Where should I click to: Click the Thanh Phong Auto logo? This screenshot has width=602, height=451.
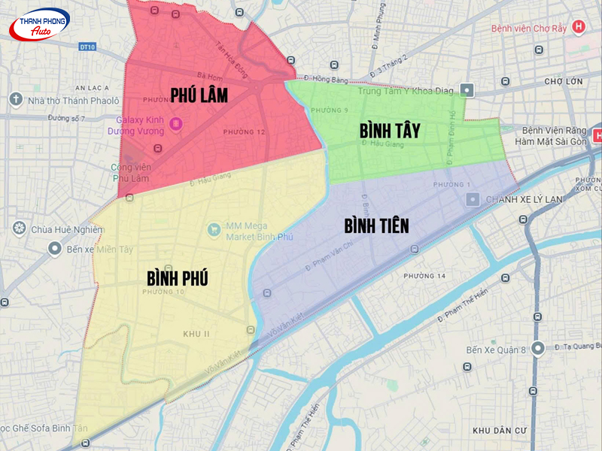click(x=39, y=26)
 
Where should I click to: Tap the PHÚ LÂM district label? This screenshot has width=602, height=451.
click(x=199, y=95)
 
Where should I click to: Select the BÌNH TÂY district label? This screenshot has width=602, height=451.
click(x=389, y=130)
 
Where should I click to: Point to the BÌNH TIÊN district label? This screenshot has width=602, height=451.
click(x=376, y=225)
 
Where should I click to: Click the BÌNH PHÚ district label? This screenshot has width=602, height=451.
click(x=178, y=277)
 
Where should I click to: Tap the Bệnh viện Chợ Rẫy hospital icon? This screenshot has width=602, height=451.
click(x=578, y=28)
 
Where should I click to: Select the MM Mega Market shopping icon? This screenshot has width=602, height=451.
click(x=214, y=229)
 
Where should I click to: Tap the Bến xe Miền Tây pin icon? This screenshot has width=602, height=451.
click(x=55, y=248)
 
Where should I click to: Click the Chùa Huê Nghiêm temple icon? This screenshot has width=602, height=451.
click(x=18, y=229)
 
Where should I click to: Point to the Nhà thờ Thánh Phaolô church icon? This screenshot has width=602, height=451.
click(x=16, y=99)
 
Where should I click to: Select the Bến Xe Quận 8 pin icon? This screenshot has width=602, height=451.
click(x=537, y=348)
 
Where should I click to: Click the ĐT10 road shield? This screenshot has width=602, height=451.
click(x=87, y=47)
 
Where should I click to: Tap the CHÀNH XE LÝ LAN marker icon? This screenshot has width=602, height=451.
click(x=473, y=199)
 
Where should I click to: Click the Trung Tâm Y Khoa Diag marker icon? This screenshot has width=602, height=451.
click(x=467, y=90)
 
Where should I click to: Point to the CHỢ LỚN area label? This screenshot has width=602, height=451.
click(x=564, y=80)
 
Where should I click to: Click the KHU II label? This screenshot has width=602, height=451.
click(x=196, y=333)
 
